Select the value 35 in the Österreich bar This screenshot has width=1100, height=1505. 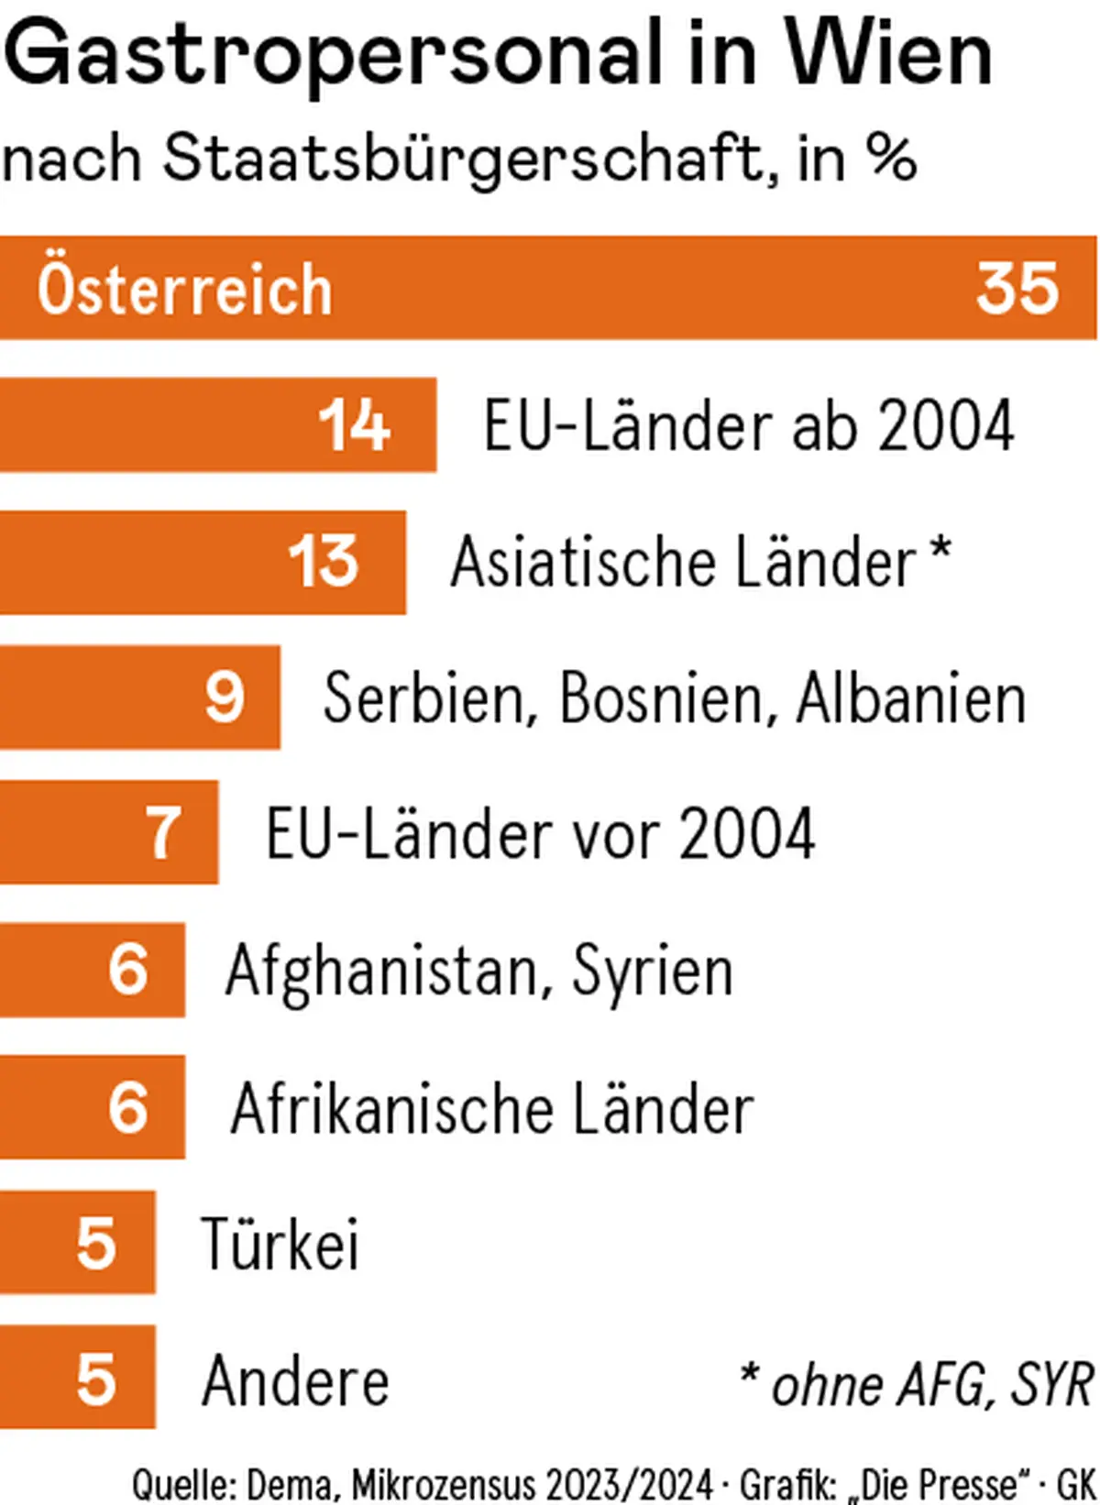pos(1017,289)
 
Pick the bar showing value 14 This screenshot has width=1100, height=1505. pos(217,424)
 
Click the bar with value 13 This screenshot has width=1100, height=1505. pos(202,562)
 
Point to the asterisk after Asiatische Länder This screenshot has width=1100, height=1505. pos(940,552)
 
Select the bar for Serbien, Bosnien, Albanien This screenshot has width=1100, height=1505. pos(139,698)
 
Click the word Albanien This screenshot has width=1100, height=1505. pos(910,698)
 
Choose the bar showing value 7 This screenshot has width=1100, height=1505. pos(108,832)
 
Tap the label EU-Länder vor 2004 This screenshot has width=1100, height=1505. pos(540,834)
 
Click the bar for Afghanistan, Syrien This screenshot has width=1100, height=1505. pos(92,970)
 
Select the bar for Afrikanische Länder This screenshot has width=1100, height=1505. pos(92,1106)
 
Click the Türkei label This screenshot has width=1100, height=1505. pos(280,1243)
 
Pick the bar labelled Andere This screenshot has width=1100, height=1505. pos(77,1377)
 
